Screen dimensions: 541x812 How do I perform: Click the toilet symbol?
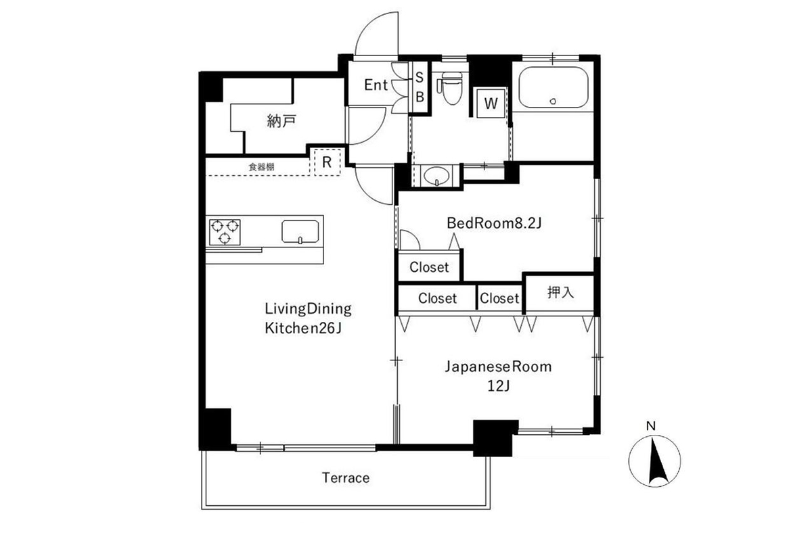pyautogui.click(x=448, y=89)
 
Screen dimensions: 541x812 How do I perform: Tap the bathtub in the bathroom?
pyautogui.click(x=553, y=89)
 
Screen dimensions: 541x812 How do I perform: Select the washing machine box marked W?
pyautogui.click(x=491, y=104)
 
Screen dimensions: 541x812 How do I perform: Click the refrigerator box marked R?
pyautogui.click(x=327, y=162)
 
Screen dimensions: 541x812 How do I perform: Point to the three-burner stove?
pyautogui.click(x=225, y=231)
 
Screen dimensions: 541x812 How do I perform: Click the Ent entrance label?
pyautogui.click(x=376, y=85)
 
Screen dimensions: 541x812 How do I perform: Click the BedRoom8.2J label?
pyautogui.click(x=494, y=223)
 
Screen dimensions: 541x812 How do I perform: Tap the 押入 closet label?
pyautogui.click(x=560, y=293)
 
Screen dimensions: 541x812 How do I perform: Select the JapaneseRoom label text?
pyautogui.click(x=498, y=367)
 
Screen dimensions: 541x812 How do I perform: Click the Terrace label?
pyautogui.click(x=345, y=478)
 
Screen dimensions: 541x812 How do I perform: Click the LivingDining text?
pyautogui.click(x=308, y=310)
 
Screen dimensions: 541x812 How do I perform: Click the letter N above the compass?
pyautogui.click(x=650, y=426)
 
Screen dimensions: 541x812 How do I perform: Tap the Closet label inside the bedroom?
pyautogui.click(x=429, y=267)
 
